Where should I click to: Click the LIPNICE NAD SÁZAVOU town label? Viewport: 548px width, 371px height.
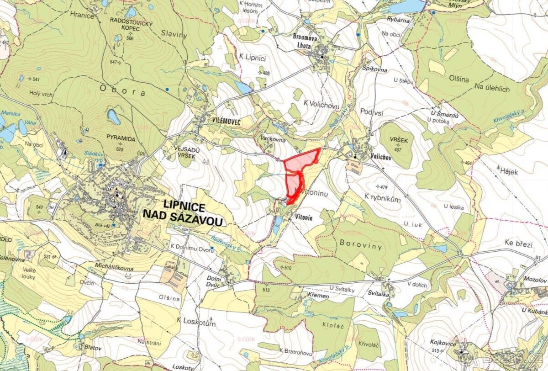[x=183, y=213]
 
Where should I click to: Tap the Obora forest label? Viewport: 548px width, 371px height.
[x=121, y=92]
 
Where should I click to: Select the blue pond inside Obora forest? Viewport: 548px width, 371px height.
[x=114, y=117]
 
